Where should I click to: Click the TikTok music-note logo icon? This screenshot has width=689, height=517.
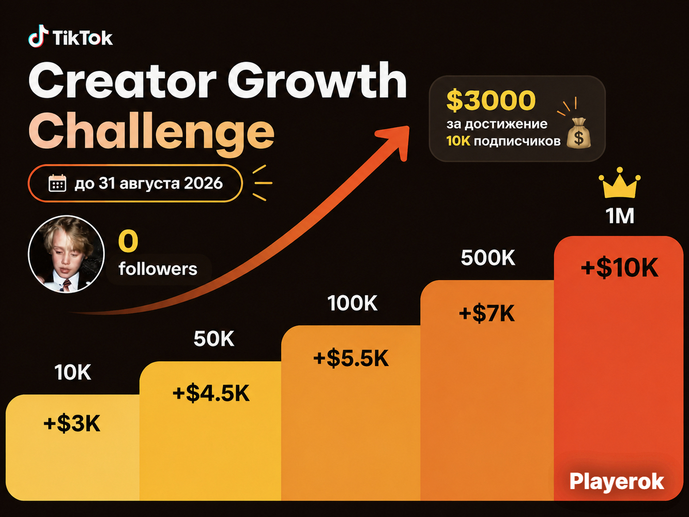(39, 36)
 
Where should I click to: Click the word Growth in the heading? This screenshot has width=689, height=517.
(317, 81)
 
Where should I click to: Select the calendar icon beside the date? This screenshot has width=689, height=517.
(57, 183)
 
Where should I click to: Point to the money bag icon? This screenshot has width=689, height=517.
(578, 133)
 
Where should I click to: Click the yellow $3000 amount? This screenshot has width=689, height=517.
(491, 100)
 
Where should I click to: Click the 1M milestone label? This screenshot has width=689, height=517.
(620, 216)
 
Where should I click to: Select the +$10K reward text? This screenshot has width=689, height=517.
(619, 268)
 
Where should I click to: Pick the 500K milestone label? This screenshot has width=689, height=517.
(488, 258)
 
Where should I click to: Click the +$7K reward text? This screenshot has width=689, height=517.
(487, 313)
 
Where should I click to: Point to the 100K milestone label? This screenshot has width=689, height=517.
(352, 303)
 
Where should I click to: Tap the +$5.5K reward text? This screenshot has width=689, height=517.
(351, 358)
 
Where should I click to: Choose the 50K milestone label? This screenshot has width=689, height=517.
(214, 339)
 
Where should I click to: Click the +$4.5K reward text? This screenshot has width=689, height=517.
(211, 393)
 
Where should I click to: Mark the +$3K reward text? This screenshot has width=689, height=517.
(72, 423)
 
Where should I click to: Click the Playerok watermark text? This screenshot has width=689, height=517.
(617, 482)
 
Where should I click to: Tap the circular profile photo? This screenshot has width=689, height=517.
(66, 254)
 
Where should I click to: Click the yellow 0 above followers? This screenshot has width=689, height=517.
(128, 241)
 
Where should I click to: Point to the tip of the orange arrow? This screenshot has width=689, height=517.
(409, 127)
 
